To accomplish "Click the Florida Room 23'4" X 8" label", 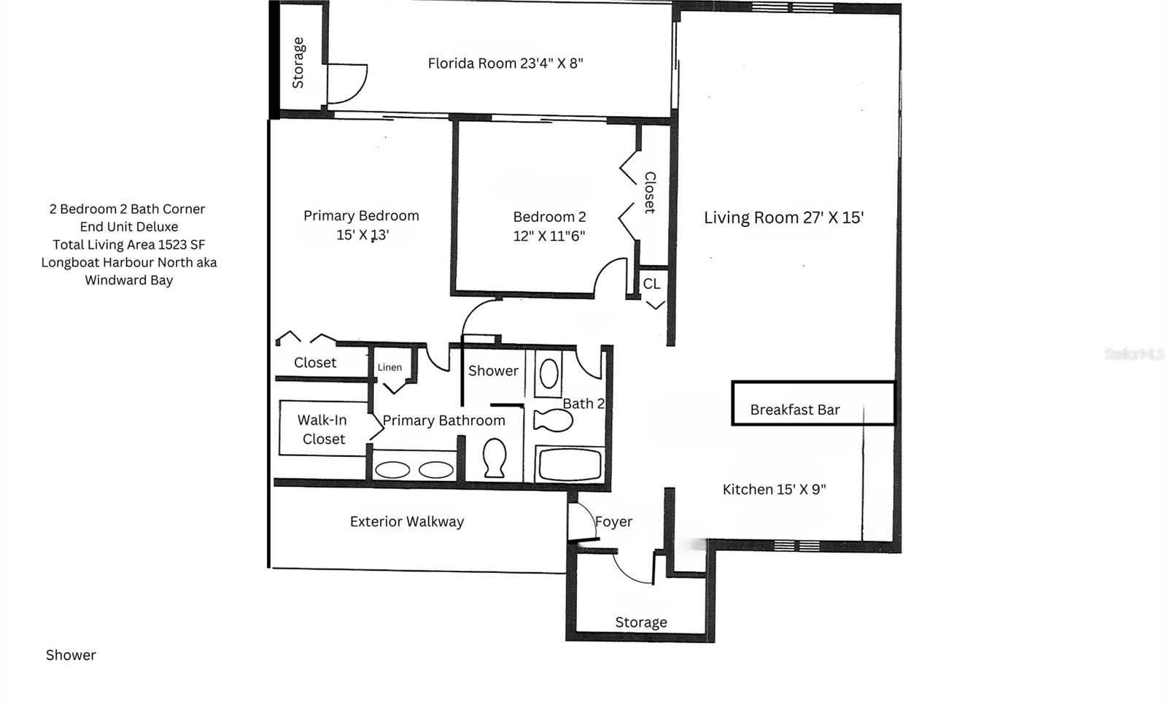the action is (x=505, y=63).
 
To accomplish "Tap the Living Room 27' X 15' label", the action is (x=783, y=218).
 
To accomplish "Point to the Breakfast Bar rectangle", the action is (x=813, y=403).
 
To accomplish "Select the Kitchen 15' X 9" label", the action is (x=774, y=489).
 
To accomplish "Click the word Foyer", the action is (x=613, y=521).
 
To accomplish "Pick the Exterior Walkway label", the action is (x=407, y=521).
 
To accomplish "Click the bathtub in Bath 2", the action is (x=570, y=465).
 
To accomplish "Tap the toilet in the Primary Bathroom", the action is (x=495, y=458).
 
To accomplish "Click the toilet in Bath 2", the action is (x=553, y=420).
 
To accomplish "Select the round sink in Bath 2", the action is (x=548, y=374).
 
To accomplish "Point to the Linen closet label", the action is (x=389, y=367).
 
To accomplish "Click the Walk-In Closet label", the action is (x=322, y=429).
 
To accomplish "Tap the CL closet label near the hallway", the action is (x=651, y=284).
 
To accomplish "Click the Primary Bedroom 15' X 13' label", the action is (x=362, y=225).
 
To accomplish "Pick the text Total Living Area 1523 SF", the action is (x=129, y=245).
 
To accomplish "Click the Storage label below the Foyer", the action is (x=641, y=622).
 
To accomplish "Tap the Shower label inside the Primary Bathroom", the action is (x=493, y=371).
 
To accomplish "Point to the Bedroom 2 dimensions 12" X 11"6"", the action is (x=549, y=236).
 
